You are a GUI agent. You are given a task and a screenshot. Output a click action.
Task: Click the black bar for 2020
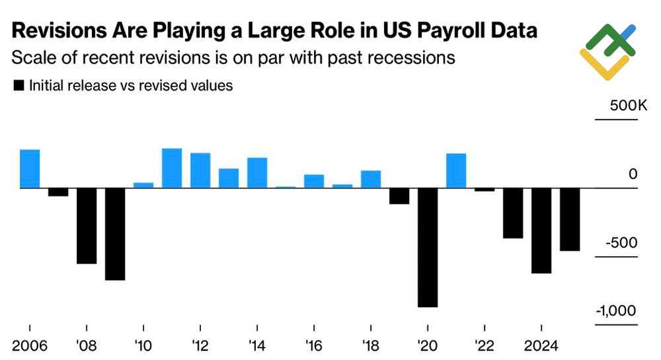click(428, 248)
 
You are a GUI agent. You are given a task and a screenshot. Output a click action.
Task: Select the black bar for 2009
click(115, 234)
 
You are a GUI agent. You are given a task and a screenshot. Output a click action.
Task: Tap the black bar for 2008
click(87, 226)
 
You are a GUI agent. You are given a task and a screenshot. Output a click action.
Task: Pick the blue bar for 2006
click(30, 169)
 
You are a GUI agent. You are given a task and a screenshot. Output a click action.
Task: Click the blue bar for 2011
click(172, 168)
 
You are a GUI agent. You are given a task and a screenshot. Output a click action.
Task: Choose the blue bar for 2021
click(456, 171)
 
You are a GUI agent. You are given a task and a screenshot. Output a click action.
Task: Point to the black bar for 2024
click(541, 231)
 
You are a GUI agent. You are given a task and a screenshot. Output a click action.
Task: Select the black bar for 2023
click(513, 213)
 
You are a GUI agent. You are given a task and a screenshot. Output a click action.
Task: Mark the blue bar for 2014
click(257, 173)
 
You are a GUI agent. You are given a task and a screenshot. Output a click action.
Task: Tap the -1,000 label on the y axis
click(616, 312)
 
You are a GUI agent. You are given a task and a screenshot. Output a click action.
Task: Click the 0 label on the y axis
click(633, 175)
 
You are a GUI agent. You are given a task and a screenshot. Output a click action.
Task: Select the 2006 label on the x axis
click(30, 346)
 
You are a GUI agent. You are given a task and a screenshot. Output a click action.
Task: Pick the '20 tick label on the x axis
click(428, 346)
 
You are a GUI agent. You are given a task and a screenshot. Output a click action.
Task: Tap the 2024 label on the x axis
click(541, 346)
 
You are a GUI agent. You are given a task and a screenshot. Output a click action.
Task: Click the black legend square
click(19, 86)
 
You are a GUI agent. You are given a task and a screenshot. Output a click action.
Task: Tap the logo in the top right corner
click(607, 51)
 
